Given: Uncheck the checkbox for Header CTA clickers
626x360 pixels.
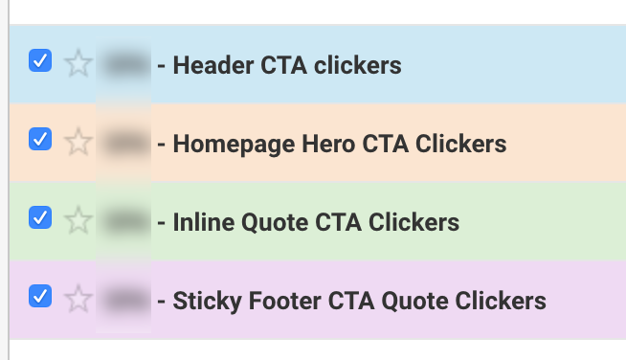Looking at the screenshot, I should [40, 61].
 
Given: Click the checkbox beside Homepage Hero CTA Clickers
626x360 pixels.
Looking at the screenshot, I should [40, 140].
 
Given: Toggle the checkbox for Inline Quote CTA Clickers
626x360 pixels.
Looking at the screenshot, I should [40, 218].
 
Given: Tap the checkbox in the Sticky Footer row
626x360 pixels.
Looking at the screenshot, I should [40, 296].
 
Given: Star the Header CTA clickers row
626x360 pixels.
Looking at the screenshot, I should [78, 65].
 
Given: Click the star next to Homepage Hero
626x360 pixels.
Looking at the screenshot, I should [78, 144].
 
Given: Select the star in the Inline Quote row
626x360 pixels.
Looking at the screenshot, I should [78, 222].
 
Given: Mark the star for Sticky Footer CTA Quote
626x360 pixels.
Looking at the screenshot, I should [78, 301].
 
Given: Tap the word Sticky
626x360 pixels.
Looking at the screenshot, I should [202, 302].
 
